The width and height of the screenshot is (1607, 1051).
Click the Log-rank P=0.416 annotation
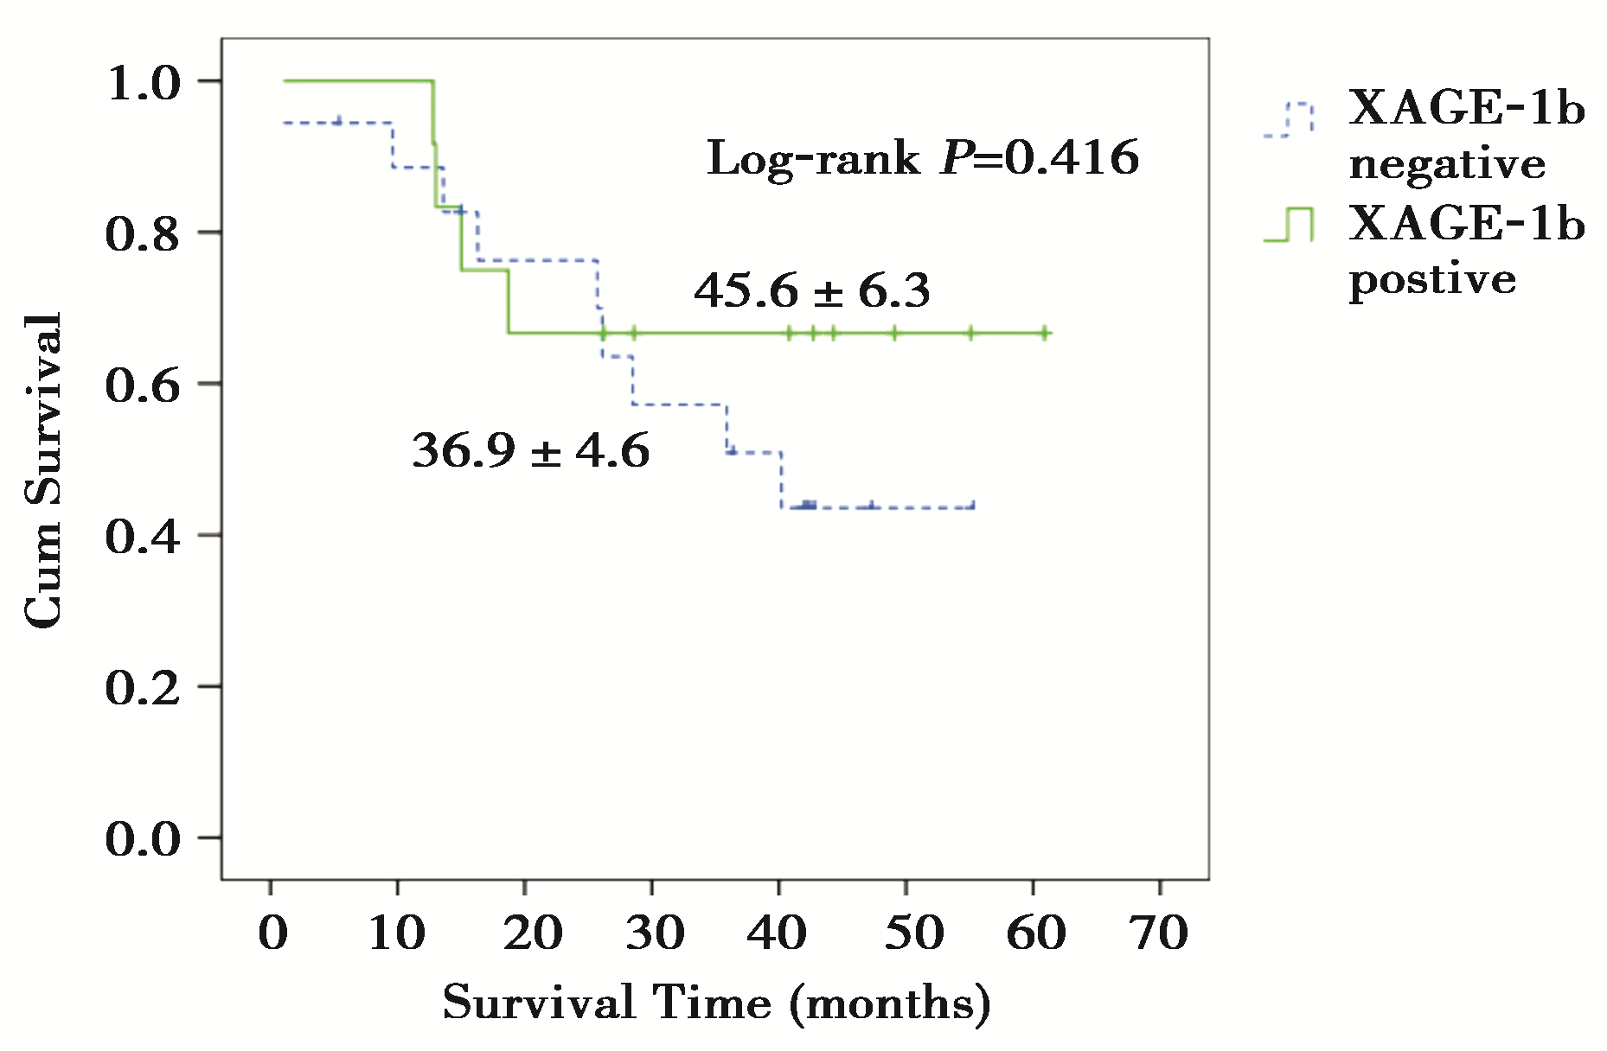pos(923,158)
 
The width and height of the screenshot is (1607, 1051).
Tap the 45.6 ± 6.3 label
pos(812,290)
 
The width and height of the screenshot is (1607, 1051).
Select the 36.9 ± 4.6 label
pos(530,451)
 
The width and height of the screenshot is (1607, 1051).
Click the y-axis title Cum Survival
pos(43,471)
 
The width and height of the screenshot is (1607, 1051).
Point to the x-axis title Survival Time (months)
pos(716,1004)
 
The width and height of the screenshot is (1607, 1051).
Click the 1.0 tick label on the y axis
pos(143,84)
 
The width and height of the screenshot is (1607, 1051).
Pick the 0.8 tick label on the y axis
pos(143,234)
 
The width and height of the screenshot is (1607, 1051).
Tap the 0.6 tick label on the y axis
pos(143,385)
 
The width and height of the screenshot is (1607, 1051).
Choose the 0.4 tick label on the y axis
pos(143,537)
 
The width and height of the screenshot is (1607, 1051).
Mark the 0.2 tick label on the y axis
pos(143,688)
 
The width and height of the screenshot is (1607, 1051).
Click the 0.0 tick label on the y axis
pos(143,839)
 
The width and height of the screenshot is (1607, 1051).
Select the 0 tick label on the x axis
pos(272,933)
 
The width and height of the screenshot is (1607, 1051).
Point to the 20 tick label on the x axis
pos(526,933)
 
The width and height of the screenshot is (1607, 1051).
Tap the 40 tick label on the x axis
pos(778,933)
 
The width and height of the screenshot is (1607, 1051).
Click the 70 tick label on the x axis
pos(1160,933)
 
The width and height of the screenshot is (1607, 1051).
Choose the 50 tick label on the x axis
pos(906,933)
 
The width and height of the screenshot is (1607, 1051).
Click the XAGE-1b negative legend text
pos(1466,136)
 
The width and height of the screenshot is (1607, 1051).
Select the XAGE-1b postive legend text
pos(1466,251)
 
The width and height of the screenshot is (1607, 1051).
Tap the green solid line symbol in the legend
pos(1289,225)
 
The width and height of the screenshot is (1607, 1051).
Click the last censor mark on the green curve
pos(1045,333)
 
